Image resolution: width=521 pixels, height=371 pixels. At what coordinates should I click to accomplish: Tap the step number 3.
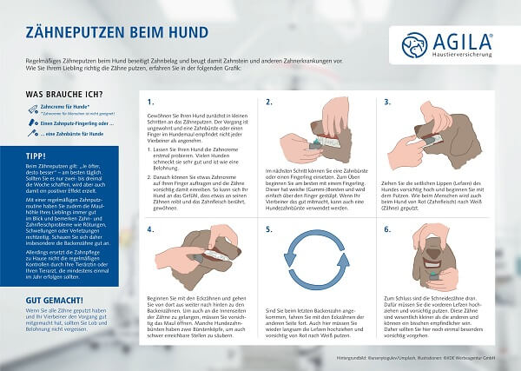tap(387, 101)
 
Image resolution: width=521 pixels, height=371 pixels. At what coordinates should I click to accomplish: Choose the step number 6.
tap(387, 231)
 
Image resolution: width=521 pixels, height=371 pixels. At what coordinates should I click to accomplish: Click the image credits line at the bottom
tap(423, 356)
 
